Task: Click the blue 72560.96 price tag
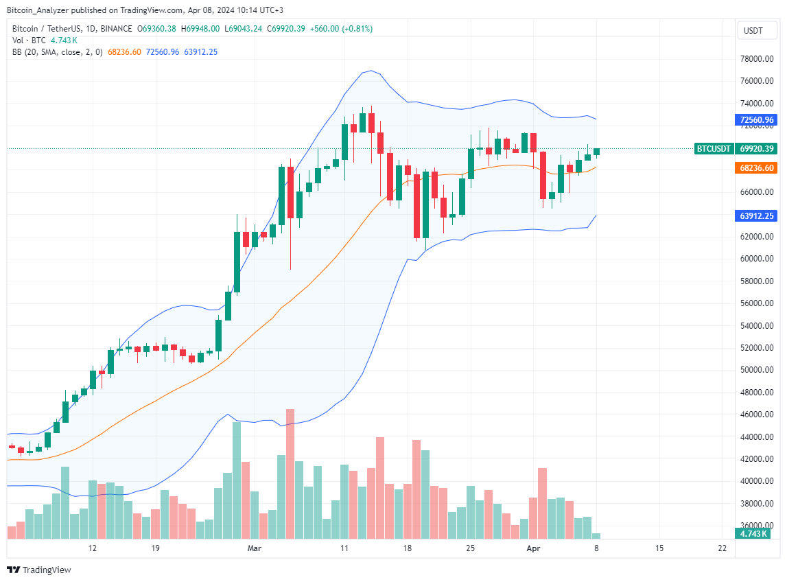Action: tap(757, 120)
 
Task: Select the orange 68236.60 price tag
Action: tap(757, 167)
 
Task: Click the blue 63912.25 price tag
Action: tap(757, 216)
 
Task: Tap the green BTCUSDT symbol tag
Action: tap(714, 149)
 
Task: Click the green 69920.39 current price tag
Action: tap(757, 149)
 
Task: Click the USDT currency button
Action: tap(753, 31)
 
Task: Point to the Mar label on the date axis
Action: tap(255, 548)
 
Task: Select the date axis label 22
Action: tap(721, 548)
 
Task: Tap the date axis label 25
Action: tap(470, 548)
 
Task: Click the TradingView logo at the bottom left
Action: tap(39, 570)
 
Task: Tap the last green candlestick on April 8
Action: tap(597, 151)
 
